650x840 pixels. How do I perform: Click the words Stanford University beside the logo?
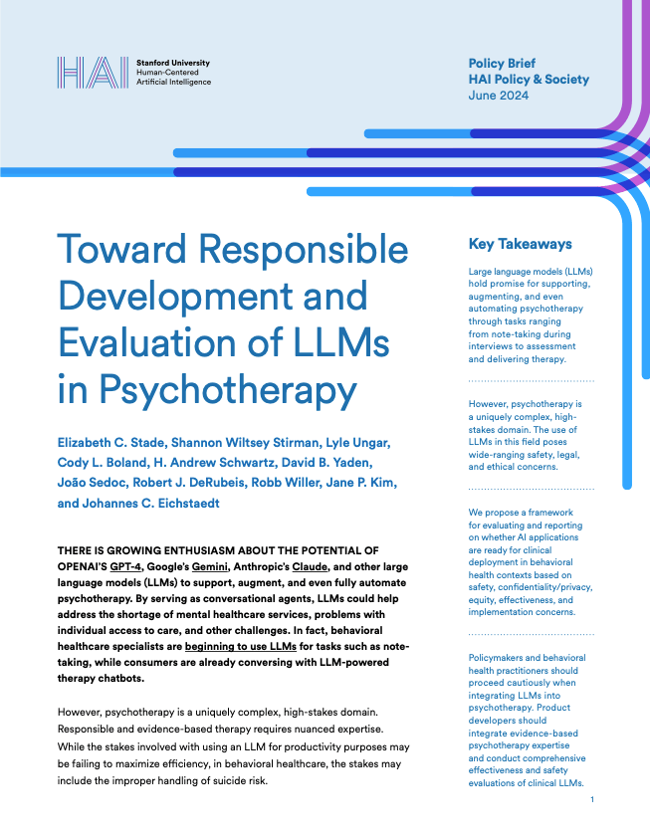coord(172,63)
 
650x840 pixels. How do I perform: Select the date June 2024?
coord(499,96)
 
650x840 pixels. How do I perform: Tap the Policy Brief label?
coord(502,64)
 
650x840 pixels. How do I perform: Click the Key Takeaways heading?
coord(520,244)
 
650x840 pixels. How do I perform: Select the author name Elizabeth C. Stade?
coord(120,442)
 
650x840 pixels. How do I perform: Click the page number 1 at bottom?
coord(592,801)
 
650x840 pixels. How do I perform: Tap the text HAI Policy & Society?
coord(529,80)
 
